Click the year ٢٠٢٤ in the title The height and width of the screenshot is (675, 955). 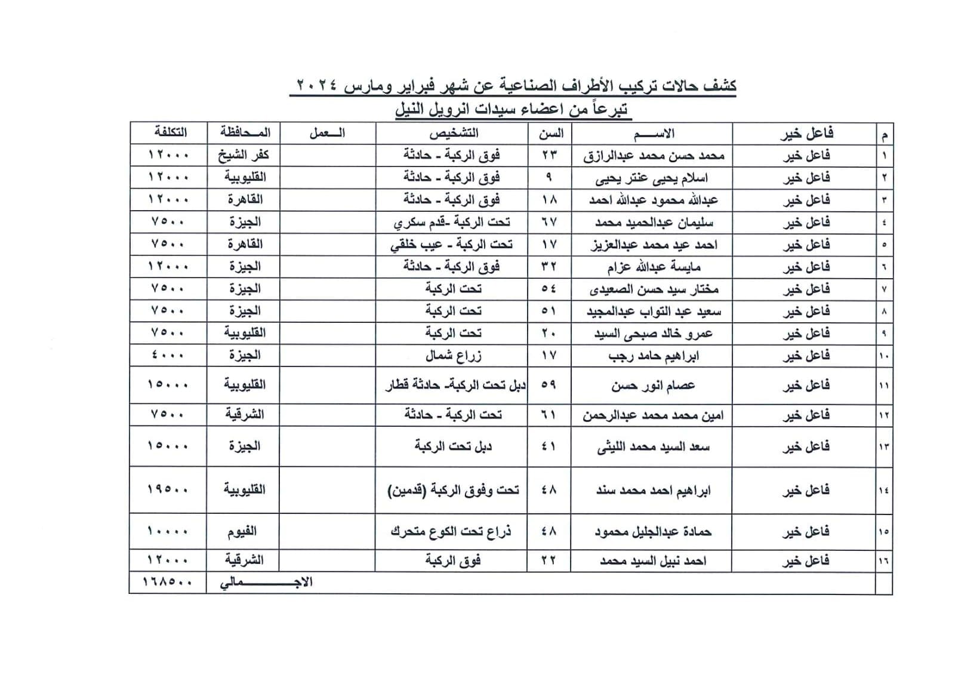pyautogui.click(x=316, y=86)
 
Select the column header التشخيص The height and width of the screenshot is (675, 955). pyautogui.click(x=453, y=133)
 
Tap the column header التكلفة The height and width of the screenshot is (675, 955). pyautogui.click(x=170, y=132)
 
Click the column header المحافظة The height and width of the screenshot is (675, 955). pyautogui.click(x=244, y=132)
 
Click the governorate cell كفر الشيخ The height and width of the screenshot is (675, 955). pyautogui.click(x=244, y=155)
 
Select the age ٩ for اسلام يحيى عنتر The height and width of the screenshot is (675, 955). pyautogui.click(x=549, y=177)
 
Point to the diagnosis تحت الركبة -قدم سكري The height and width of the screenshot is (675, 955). pyautogui.click(x=452, y=222)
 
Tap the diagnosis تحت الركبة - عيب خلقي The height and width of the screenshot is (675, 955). pyautogui.click(x=452, y=245)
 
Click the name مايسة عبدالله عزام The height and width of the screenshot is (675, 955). pyautogui.click(x=654, y=267)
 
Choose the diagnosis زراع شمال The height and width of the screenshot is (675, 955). pyautogui.click(x=453, y=356)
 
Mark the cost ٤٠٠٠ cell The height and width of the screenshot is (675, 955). pyautogui.click(x=168, y=355)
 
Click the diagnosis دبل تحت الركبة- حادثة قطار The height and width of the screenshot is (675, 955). pyautogui.click(x=455, y=385)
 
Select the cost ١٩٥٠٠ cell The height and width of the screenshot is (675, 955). pyautogui.click(x=168, y=489)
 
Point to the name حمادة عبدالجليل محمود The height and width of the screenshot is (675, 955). pyautogui.click(x=653, y=532)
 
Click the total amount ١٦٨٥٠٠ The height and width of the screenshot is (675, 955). pyautogui.click(x=168, y=582)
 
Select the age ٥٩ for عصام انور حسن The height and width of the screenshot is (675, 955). pyautogui.click(x=549, y=385)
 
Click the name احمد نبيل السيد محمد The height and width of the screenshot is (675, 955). pyautogui.click(x=653, y=561)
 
